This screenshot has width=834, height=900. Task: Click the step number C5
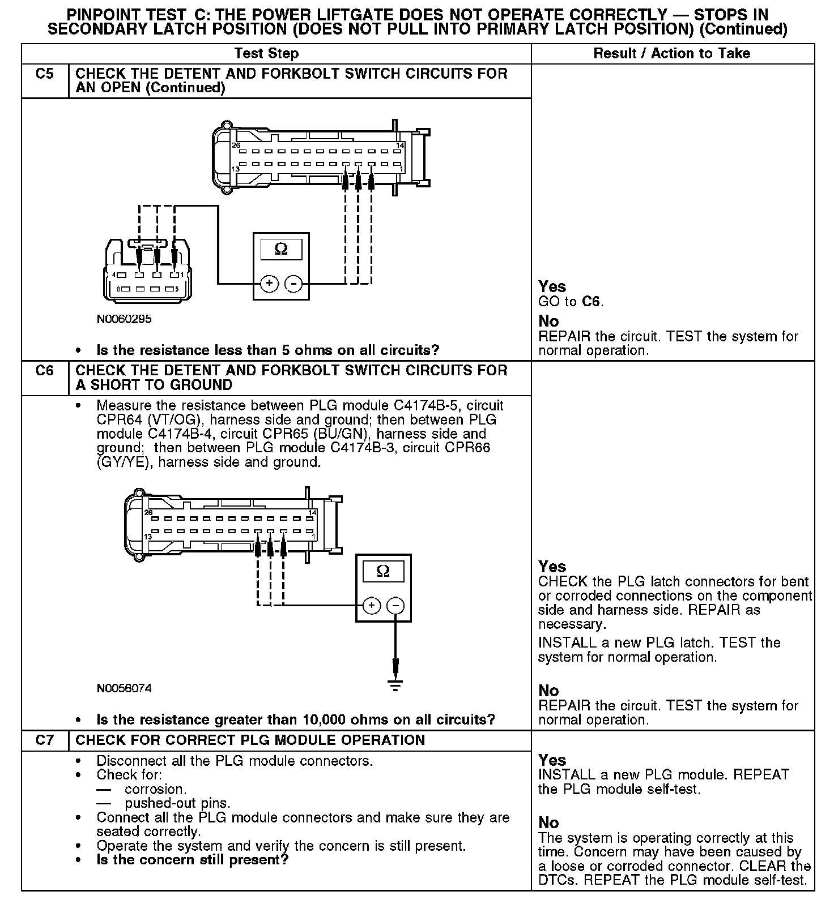(x=44, y=74)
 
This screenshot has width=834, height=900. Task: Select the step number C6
(x=44, y=371)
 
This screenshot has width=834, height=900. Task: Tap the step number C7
(x=44, y=740)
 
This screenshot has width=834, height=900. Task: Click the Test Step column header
(x=266, y=54)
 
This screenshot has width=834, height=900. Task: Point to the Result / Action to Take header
(x=671, y=54)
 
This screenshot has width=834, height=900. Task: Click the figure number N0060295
(x=124, y=319)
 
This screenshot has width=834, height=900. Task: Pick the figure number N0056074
(x=124, y=689)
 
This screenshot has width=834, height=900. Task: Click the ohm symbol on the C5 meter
(x=280, y=249)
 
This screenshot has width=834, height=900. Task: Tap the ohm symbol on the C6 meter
(x=383, y=571)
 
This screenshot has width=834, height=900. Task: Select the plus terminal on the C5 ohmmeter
(x=270, y=283)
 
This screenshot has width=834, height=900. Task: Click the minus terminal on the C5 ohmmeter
(x=293, y=283)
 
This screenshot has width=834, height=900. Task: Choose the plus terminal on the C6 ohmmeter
(x=372, y=606)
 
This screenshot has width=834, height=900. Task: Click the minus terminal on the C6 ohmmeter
(x=395, y=606)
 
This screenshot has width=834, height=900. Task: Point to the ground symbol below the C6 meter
(x=395, y=685)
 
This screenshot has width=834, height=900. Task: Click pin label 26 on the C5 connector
(x=236, y=145)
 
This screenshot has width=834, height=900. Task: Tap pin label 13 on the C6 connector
(x=147, y=536)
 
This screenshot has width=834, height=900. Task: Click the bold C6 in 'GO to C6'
(x=591, y=302)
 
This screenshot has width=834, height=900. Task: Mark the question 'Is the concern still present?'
(x=193, y=860)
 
